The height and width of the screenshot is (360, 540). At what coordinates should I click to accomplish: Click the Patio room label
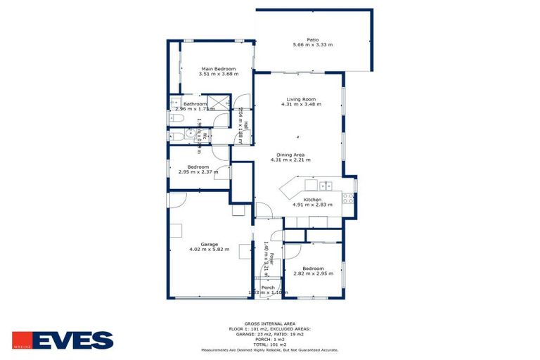pos(313,39)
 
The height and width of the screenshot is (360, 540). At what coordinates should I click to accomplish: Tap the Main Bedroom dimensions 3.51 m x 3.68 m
pos(218,74)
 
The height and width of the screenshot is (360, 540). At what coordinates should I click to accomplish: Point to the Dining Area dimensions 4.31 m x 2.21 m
pos(290,160)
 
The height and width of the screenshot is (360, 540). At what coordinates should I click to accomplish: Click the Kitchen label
pos(312,200)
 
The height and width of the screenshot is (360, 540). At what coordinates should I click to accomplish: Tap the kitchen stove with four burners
pos(347,198)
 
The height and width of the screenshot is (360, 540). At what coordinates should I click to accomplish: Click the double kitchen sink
pos(325,186)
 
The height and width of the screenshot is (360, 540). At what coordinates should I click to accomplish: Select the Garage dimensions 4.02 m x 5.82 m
pos(209,250)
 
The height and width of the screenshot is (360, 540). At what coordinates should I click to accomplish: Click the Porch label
pos(268,287)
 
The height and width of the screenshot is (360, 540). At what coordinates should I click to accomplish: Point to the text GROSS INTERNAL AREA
pos(269,323)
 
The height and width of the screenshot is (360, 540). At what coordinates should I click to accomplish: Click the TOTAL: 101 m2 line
pos(269,345)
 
